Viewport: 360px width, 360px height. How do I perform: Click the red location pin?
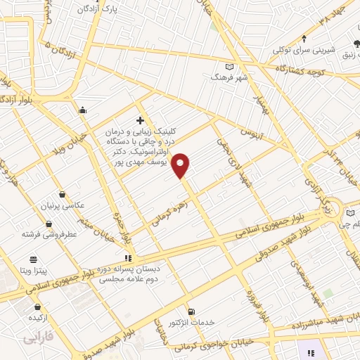(x=181, y=166)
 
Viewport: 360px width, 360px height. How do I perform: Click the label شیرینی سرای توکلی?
(x=305, y=49)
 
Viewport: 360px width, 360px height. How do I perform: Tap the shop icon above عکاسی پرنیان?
(x=63, y=194)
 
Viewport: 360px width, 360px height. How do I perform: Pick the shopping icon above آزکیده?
(x=37, y=307)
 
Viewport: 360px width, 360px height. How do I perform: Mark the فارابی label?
(x=39, y=338)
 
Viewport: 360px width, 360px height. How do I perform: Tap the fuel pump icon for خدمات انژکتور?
(x=191, y=311)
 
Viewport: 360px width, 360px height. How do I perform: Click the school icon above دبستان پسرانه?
(x=127, y=258)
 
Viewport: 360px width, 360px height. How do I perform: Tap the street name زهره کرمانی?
(x=169, y=209)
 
